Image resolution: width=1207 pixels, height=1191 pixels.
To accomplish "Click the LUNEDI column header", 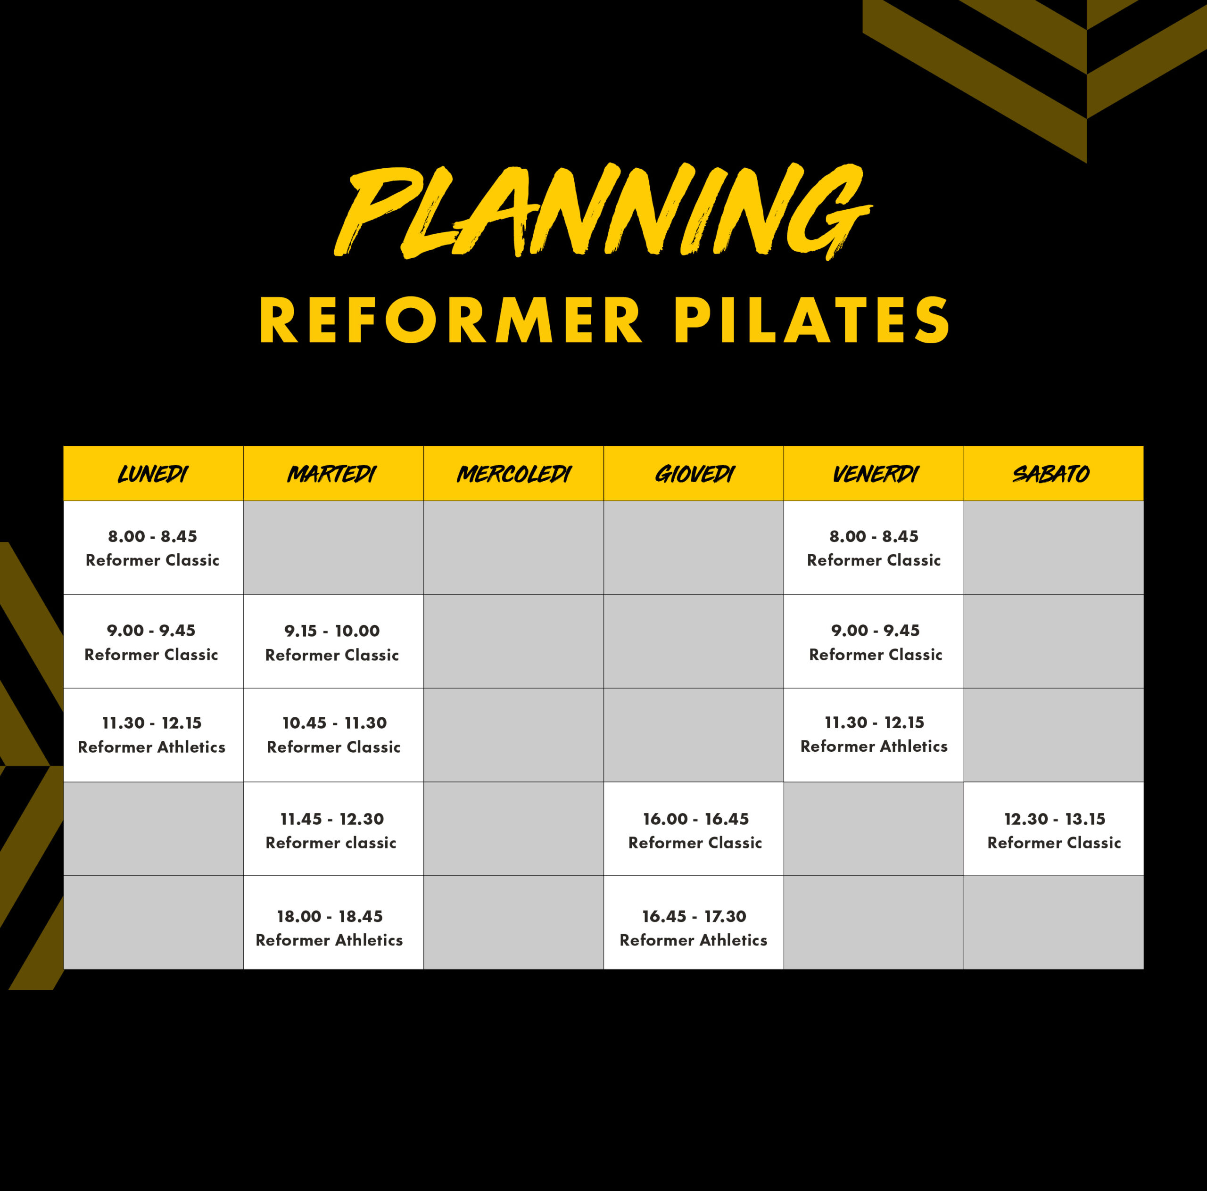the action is pos(153,475).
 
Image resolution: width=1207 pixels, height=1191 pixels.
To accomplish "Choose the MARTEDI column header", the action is pos(332,475).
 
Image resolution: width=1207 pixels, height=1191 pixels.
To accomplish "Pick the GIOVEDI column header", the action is pos(694,475).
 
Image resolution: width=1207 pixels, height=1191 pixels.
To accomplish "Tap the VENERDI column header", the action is pos(875,475).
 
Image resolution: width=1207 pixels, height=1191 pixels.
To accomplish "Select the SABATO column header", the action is pos(1051,475).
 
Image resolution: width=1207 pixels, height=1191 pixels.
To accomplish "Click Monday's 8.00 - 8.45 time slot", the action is pos(152,536).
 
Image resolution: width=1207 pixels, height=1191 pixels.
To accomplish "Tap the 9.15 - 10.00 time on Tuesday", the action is pos(332,631).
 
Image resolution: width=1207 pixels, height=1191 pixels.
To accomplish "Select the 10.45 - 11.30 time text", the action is pos(334,723).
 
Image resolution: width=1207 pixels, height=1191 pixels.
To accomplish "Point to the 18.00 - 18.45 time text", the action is pos(330,916).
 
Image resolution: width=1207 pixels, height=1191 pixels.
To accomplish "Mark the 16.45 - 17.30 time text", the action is pos(694,916).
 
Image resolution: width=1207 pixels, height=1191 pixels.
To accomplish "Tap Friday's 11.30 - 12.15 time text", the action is pos(874,723).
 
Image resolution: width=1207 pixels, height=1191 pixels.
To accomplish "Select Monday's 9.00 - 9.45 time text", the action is pos(151,630).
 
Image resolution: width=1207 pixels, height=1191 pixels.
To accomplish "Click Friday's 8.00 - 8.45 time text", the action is pos(874,536).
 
